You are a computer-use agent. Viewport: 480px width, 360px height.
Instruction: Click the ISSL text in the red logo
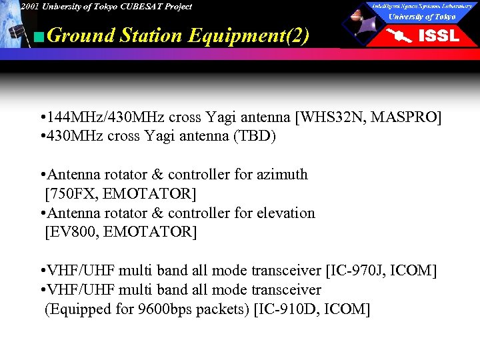coord(438,36)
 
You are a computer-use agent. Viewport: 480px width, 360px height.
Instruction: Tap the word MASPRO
coord(406,117)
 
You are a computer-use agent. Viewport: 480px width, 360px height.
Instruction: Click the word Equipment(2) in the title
coord(249,35)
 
